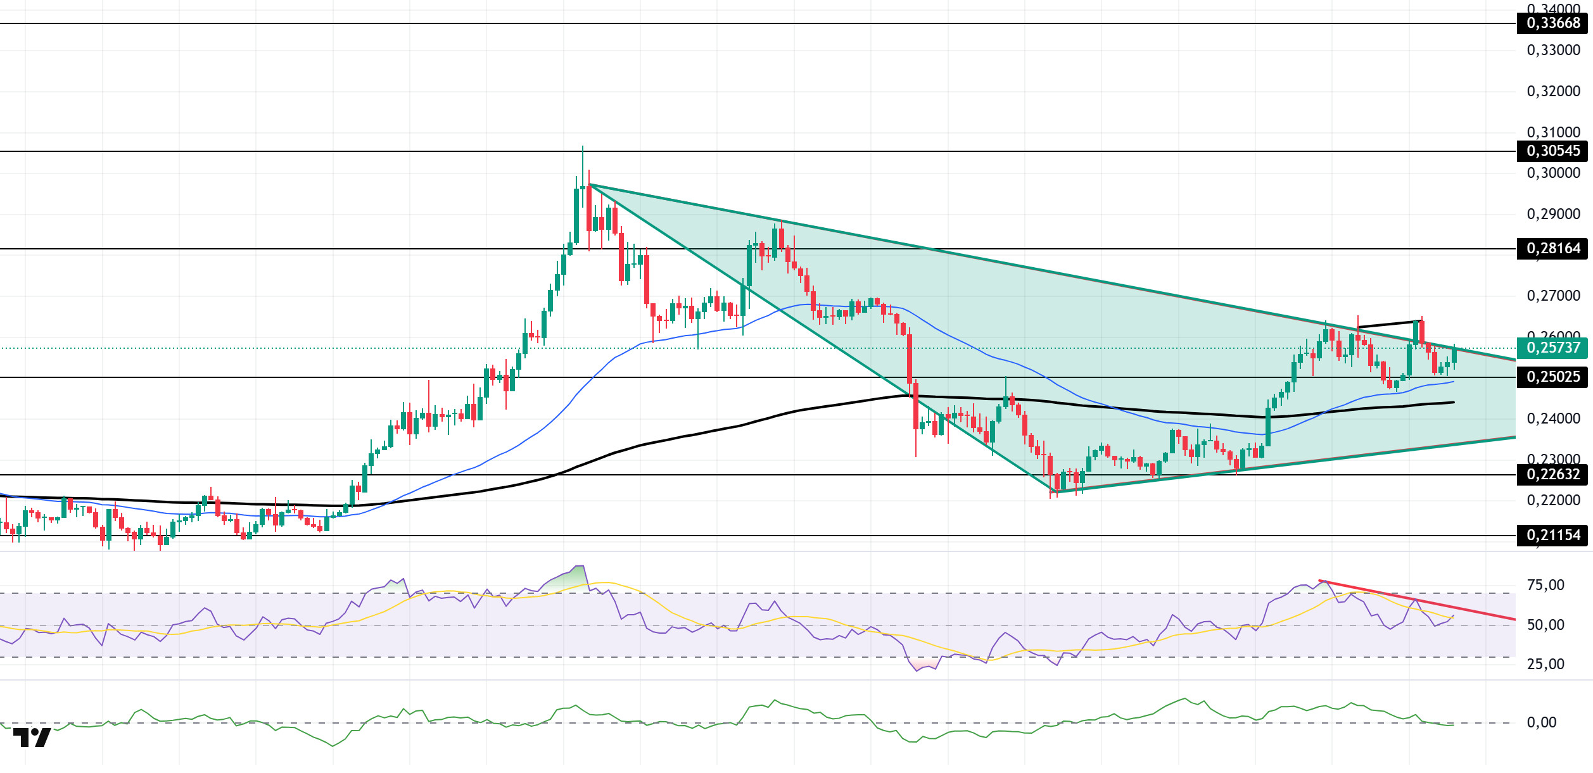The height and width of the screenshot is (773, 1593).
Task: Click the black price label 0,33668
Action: coord(1552,23)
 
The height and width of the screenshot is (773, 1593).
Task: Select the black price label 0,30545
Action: coord(1552,151)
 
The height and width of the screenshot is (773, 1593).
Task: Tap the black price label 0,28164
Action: coord(1552,249)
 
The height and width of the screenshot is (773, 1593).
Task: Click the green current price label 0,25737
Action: coord(1552,348)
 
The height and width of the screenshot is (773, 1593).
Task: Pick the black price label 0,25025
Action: coord(1552,377)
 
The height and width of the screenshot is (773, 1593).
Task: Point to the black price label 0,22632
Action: coord(1552,475)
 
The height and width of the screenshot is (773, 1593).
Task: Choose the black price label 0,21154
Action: coord(1552,536)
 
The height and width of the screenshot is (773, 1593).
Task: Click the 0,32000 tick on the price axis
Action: coord(1553,91)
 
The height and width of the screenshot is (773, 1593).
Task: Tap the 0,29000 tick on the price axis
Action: coord(1553,214)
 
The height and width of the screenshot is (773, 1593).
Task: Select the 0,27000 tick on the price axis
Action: coord(1553,296)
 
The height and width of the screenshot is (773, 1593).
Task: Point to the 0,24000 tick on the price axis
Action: coord(1553,418)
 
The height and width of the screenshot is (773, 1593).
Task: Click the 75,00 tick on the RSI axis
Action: coord(1545,585)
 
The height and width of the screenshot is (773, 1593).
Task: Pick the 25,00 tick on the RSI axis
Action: coord(1545,664)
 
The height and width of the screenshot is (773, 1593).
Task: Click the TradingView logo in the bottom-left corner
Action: coord(32,738)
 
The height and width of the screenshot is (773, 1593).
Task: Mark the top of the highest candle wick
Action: coord(583,147)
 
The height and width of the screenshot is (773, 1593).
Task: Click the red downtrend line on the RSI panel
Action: coord(1419,600)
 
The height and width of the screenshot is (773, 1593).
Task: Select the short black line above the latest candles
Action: coord(1387,324)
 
